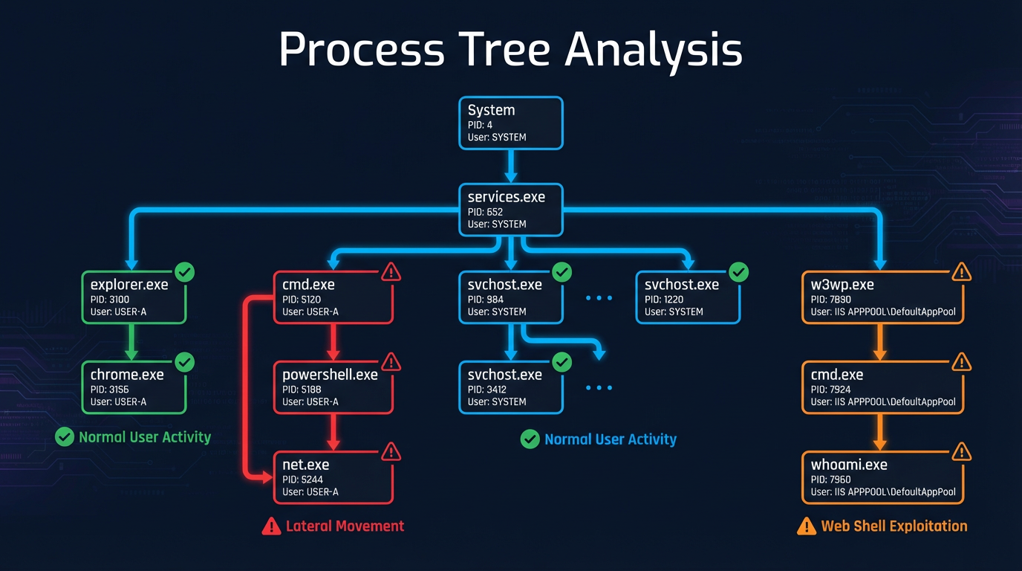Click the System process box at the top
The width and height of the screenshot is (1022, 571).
[510, 123]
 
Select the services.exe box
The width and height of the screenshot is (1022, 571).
[510, 210]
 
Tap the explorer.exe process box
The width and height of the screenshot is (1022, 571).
[133, 297]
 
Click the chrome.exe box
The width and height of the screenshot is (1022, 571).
[133, 387]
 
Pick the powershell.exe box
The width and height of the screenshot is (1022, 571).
[333, 387]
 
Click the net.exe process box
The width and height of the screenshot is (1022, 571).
[333, 477]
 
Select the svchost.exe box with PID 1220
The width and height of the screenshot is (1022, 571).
[688, 297]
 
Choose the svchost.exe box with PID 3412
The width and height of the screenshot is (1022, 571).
[510, 387]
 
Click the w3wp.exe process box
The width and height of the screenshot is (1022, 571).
[882, 297]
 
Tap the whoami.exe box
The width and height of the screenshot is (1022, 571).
[882, 477]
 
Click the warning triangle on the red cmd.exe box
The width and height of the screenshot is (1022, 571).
[391, 272]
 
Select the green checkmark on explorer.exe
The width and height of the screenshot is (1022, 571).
[184, 272]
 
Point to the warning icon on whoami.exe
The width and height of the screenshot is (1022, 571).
[962, 451]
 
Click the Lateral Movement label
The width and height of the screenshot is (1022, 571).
[344, 526]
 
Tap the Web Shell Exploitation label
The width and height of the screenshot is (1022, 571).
[894, 526]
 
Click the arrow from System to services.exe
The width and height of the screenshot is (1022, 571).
[510, 166]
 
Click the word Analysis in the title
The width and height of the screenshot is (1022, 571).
[653, 51]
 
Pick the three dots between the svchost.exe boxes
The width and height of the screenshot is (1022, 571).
[599, 298]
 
